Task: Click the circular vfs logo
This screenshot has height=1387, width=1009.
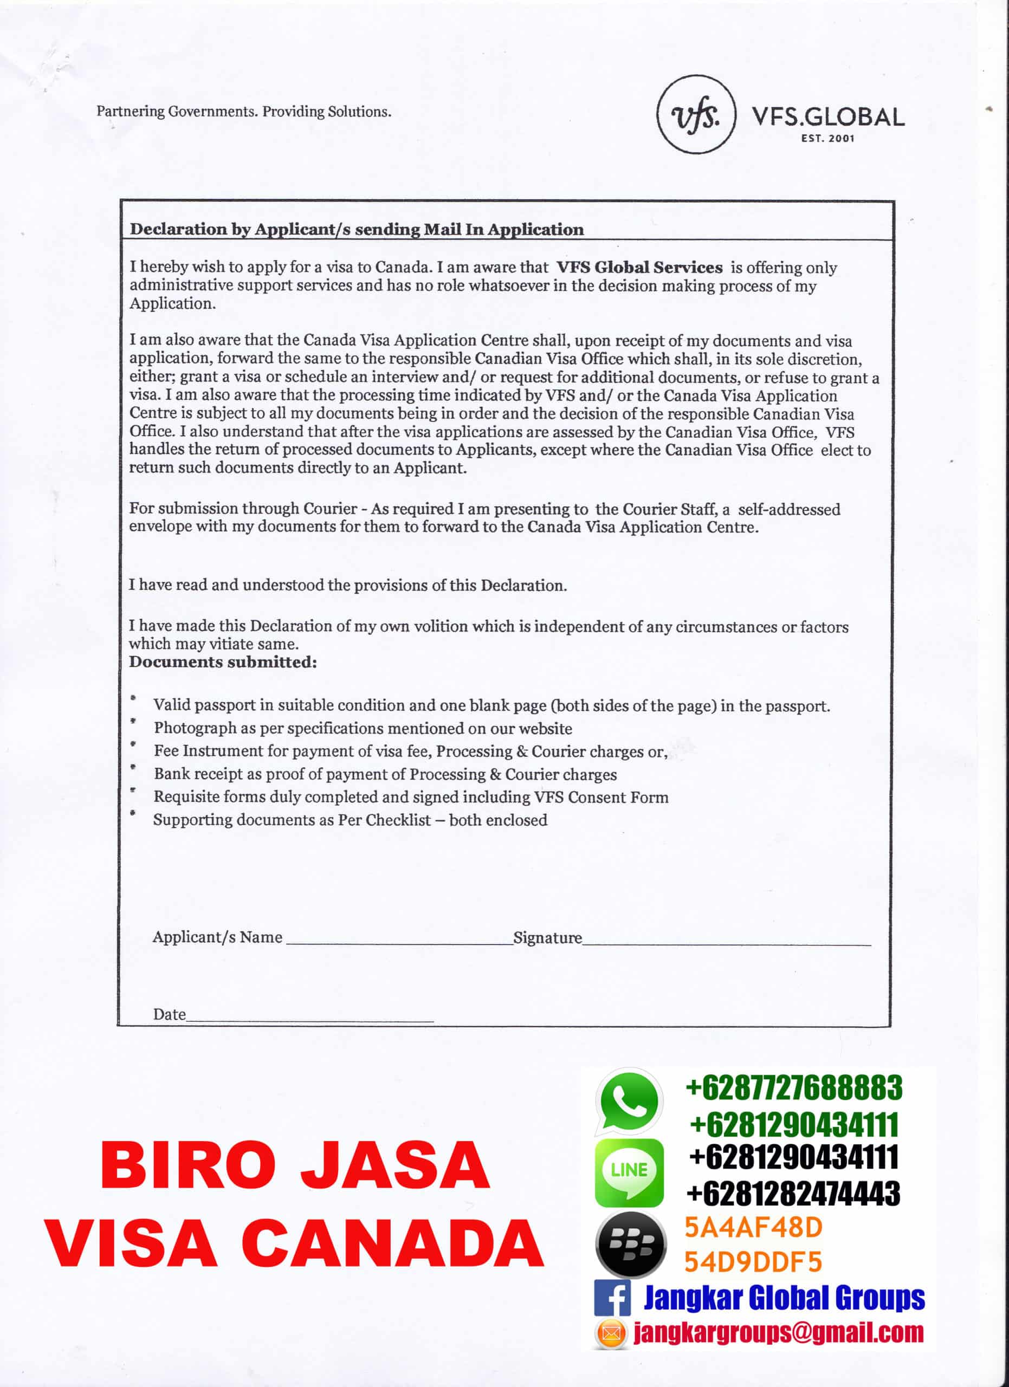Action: pyautogui.click(x=696, y=114)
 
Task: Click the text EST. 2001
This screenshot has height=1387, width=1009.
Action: pyautogui.click(x=827, y=139)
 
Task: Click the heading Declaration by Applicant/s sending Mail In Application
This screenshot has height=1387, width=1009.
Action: pyautogui.click(x=357, y=229)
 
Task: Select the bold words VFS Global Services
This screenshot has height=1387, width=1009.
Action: pyautogui.click(x=639, y=267)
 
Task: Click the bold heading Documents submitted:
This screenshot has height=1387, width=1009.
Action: pyautogui.click(x=223, y=662)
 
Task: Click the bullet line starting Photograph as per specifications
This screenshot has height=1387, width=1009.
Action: pyautogui.click(x=363, y=728)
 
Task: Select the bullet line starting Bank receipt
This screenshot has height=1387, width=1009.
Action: pyautogui.click(x=385, y=774)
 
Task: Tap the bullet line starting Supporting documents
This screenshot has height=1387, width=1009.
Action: pyautogui.click(x=350, y=820)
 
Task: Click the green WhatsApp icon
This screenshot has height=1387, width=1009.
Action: pyautogui.click(x=629, y=1101)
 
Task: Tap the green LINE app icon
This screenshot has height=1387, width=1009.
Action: pyautogui.click(x=629, y=1171)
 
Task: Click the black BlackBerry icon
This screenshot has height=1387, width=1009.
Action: pyautogui.click(x=630, y=1244)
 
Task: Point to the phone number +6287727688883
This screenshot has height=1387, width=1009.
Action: pyautogui.click(x=794, y=1088)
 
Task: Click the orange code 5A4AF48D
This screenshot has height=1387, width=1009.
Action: pyautogui.click(x=753, y=1227)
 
